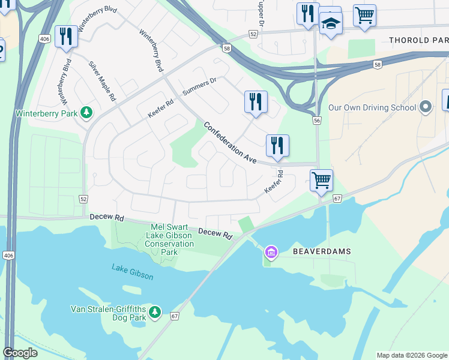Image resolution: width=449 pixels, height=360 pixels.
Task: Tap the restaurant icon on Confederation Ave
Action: [x=277, y=145]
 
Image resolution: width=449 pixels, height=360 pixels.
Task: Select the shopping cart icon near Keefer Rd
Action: [x=322, y=180]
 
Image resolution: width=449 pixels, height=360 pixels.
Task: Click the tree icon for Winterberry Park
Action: [x=87, y=112]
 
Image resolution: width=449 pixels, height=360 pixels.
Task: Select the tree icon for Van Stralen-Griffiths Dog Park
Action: [x=155, y=312]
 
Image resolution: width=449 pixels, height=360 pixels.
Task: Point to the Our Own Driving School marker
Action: [x=426, y=107]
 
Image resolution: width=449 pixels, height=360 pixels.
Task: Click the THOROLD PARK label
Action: [x=418, y=40]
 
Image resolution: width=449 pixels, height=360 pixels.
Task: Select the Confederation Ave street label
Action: [x=230, y=143]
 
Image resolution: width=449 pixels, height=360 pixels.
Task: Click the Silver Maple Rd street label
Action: [x=102, y=80]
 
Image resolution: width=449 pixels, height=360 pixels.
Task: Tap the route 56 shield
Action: [x=316, y=121]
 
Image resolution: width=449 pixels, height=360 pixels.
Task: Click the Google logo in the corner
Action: [x=20, y=353]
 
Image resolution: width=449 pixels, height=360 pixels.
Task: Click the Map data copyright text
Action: [x=412, y=355]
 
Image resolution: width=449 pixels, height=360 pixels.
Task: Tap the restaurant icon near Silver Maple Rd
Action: [x=65, y=37]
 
